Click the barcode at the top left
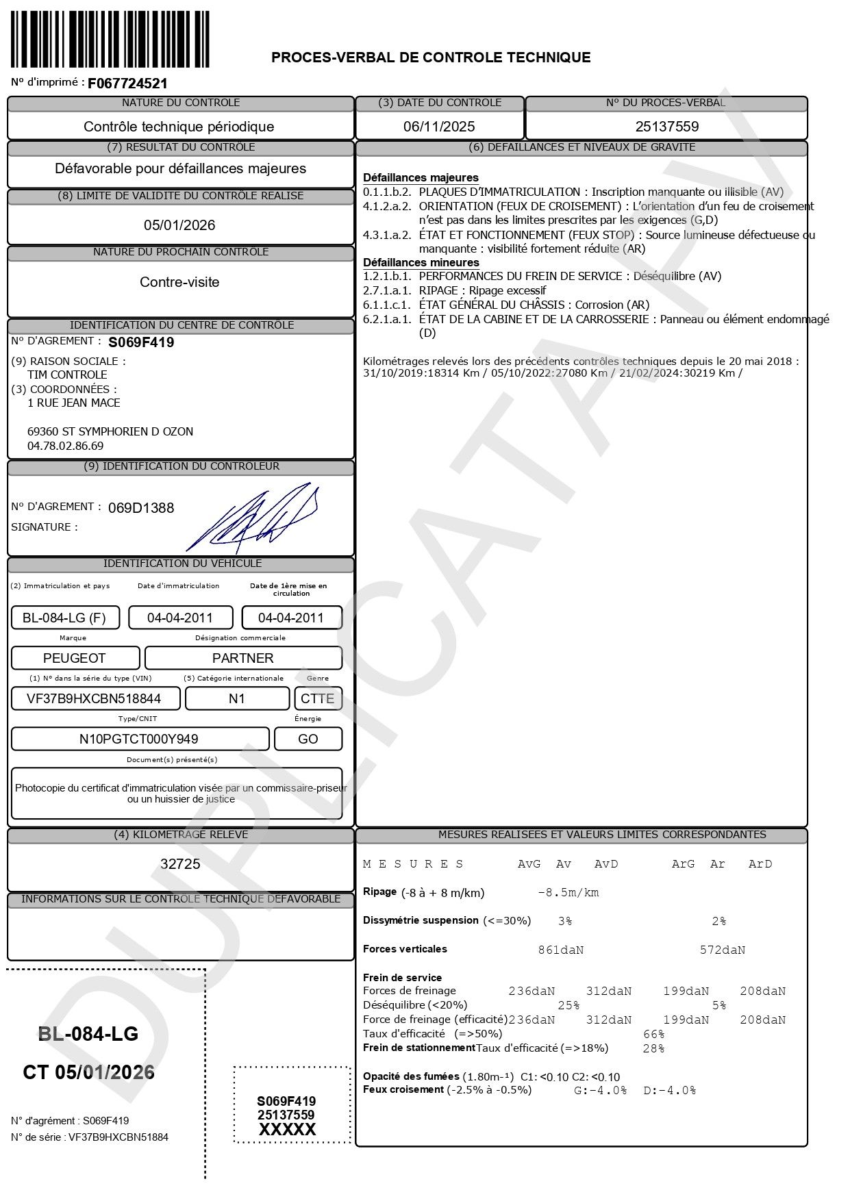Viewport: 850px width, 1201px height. coord(110,39)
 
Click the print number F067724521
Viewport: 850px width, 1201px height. coord(127,84)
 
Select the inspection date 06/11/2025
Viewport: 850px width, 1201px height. coord(439,127)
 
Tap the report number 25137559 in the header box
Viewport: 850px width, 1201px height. coord(666,127)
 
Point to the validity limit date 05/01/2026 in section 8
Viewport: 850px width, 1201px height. coord(179,225)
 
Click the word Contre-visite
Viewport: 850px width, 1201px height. coord(179,282)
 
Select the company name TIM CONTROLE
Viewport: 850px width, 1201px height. coord(67,375)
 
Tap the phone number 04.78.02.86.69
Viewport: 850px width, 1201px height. coord(65,446)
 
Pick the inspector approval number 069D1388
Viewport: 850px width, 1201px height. coord(141,508)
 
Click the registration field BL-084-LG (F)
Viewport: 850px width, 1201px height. coord(64,618)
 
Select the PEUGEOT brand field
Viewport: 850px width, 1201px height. coord(75,658)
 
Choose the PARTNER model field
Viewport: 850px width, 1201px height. coord(243,658)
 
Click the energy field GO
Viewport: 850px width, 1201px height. coord(308,739)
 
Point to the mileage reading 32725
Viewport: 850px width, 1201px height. coord(180,864)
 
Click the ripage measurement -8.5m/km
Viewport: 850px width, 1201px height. coord(568,893)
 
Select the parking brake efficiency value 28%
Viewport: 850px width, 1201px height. coord(653,1048)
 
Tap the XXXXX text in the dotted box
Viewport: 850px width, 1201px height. coord(287,1130)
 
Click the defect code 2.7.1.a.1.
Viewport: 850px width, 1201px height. coord(387,290)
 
